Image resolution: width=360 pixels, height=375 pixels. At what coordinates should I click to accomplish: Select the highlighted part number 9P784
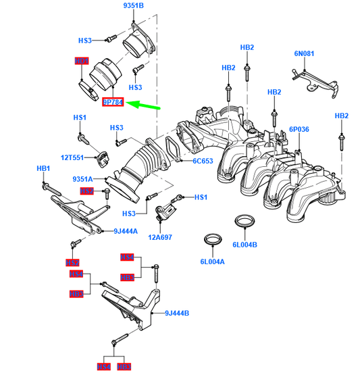[113, 103]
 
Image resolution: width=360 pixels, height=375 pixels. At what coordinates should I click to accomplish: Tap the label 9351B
[133, 6]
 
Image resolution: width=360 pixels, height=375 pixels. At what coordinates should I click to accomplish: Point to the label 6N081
[305, 53]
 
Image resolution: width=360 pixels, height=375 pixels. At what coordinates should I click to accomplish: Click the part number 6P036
[299, 128]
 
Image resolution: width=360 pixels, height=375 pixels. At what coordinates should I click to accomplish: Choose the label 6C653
[202, 161]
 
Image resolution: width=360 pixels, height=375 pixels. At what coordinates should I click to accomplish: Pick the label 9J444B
[176, 314]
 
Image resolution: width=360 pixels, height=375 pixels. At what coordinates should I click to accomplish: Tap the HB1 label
[44, 168]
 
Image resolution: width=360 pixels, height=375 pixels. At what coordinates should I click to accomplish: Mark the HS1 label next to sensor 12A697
[201, 197]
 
